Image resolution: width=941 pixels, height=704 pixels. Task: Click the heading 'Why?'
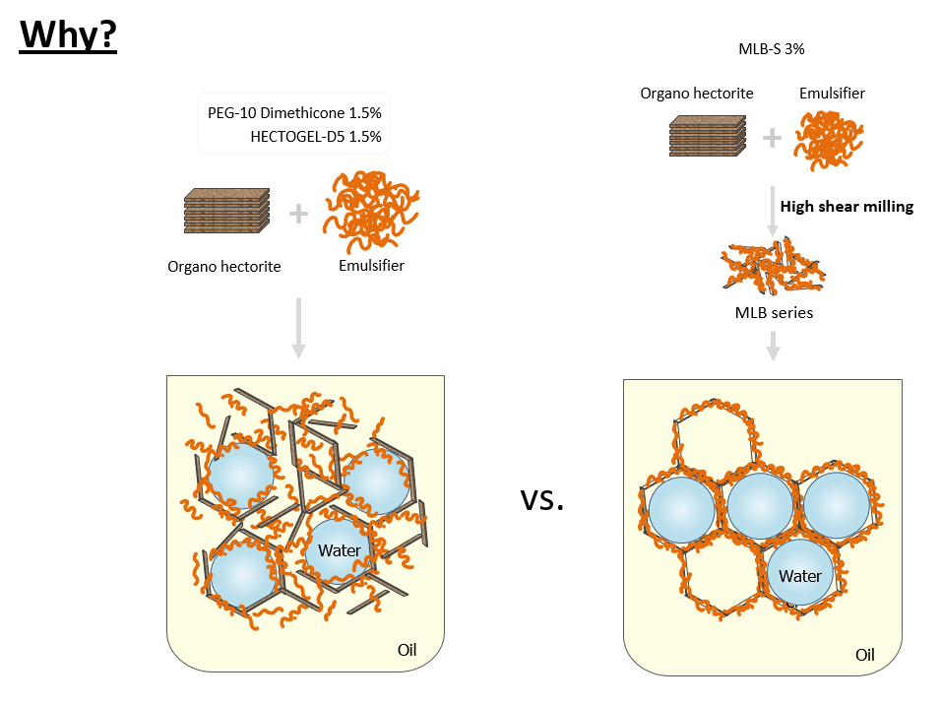coord(68,35)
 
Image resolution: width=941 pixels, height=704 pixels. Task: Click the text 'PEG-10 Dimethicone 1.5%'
coord(294,112)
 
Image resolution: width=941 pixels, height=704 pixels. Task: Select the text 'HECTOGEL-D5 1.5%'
coord(316,136)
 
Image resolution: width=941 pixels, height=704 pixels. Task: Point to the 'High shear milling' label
coord(847,207)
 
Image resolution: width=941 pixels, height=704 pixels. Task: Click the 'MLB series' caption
coord(773,313)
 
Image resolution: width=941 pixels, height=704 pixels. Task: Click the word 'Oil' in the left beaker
coord(408,650)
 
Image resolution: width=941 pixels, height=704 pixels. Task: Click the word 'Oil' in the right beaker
coord(865,655)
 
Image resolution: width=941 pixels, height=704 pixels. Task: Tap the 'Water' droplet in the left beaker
coord(340,551)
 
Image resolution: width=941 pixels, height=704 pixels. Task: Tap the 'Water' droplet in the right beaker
coord(799,576)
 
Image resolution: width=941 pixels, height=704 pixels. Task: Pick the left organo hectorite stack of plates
coord(226,210)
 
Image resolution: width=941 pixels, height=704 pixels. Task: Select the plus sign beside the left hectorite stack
coord(297,213)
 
